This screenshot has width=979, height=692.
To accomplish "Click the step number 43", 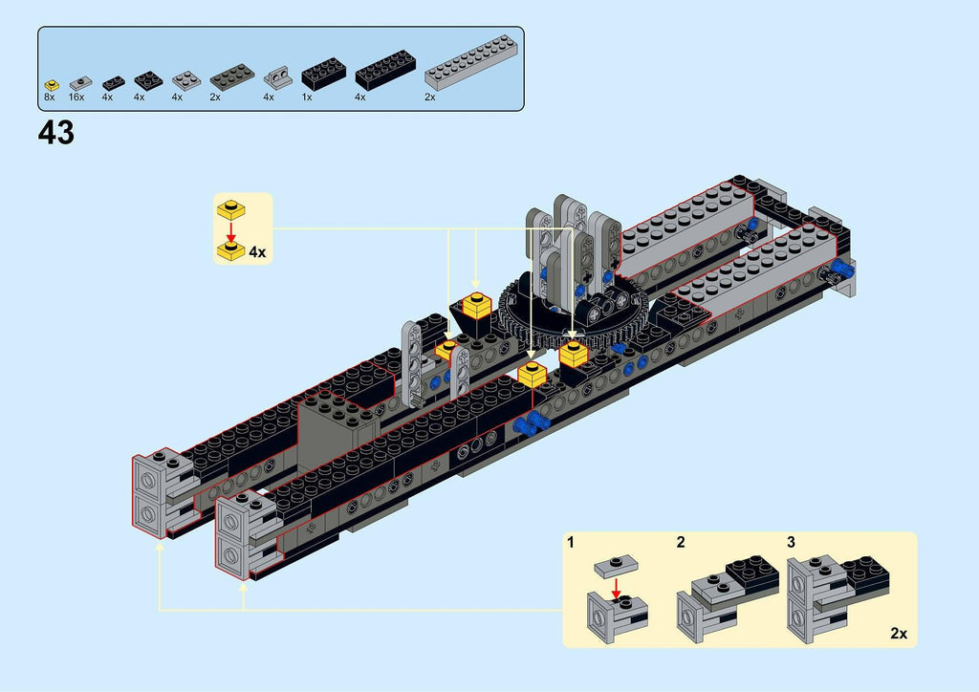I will (x=56, y=134).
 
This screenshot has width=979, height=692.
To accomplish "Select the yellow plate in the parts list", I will (x=50, y=83).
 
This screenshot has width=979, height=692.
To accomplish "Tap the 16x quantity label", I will (x=76, y=97).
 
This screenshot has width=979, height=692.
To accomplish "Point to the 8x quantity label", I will (x=50, y=97).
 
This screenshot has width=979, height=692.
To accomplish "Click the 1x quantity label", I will (x=306, y=97).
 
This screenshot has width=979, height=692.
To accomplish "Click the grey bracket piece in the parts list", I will (x=277, y=76).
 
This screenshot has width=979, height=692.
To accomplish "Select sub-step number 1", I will (x=571, y=543).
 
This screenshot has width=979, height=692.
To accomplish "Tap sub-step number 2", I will (x=681, y=543).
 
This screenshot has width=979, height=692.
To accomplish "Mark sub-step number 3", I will (x=791, y=543).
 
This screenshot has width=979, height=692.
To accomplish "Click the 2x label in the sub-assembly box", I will (x=899, y=633).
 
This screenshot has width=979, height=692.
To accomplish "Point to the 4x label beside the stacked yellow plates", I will (x=257, y=252).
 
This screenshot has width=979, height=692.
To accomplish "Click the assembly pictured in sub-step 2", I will (x=725, y=595).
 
